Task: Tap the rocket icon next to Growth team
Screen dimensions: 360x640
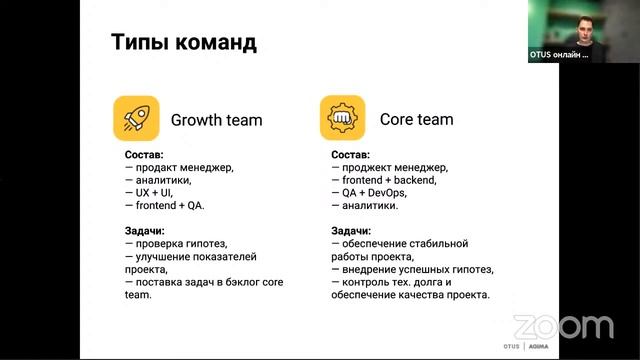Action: [136, 119]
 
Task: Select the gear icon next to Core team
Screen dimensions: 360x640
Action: [342, 119]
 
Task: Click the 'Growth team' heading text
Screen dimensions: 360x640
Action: [216, 120]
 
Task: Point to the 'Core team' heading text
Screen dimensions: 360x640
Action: [416, 119]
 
